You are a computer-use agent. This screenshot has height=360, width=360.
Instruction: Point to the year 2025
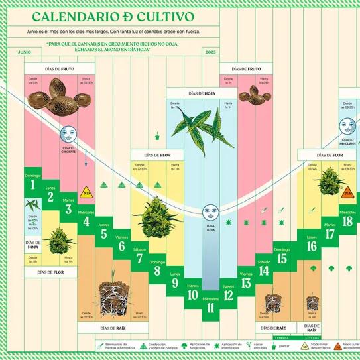(211, 51)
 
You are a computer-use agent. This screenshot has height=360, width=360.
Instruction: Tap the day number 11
(211, 306)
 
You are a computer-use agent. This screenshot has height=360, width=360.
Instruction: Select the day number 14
(264, 270)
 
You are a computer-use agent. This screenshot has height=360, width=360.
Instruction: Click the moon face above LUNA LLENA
(210, 211)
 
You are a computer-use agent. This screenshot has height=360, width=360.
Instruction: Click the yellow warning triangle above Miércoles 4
(86, 193)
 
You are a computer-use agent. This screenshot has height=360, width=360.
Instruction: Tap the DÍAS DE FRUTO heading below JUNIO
(49, 68)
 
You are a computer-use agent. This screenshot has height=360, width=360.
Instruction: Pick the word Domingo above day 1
(32, 176)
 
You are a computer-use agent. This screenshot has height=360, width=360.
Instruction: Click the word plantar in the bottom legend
(282, 345)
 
